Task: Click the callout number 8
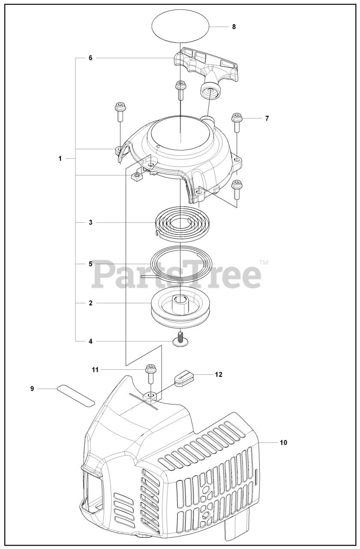point(234,27)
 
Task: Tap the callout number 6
point(90,58)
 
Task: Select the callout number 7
point(267,118)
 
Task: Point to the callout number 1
point(60,159)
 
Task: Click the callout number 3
point(90,223)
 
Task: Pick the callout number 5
point(90,264)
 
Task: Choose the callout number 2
point(90,303)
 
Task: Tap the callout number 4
point(90,341)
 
